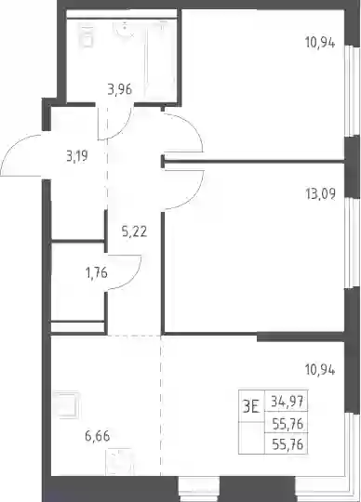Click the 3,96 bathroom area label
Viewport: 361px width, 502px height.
coord(120,89)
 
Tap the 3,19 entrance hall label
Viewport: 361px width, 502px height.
coord(77,157)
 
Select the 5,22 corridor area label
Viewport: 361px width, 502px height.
coord(135,231)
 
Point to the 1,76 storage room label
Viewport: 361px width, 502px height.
coord(96,273)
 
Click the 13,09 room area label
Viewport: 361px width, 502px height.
coord(321,194)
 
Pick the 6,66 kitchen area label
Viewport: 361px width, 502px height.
coord(98,436)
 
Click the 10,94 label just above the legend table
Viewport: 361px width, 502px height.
coord(320,371)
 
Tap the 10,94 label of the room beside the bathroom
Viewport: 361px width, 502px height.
coord(320,43)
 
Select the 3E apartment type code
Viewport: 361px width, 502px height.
coord(251,407)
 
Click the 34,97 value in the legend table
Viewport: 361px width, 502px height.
coord(287,401)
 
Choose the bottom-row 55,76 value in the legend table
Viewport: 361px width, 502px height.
coord(287,444)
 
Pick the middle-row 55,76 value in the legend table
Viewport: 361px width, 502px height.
coord(287,424)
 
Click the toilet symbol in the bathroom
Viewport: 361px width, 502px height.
coord(86,36)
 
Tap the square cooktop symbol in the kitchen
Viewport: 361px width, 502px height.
coord(66,404)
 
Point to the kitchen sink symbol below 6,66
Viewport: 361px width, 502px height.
coord(119,461)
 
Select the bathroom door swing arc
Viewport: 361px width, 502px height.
coord(124,129)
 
